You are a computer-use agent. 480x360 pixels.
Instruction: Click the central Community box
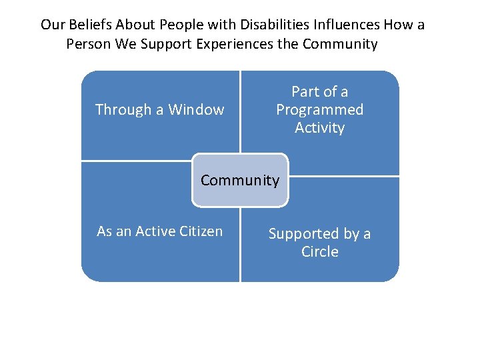(240, 180)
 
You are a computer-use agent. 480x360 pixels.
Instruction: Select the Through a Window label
(160, 110)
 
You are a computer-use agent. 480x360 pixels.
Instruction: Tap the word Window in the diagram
(196, 110)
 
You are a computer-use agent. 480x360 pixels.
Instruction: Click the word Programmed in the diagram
(320, 110)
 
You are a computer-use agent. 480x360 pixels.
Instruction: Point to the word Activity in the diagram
(320, 127)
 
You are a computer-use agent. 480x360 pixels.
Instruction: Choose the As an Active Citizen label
(160, 231)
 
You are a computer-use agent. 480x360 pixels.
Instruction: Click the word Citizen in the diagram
(201, 231)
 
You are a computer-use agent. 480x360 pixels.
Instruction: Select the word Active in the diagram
(156, 231)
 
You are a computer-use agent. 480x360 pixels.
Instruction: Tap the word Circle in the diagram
(320, 252)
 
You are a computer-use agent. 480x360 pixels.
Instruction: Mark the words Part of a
(320, 92)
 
